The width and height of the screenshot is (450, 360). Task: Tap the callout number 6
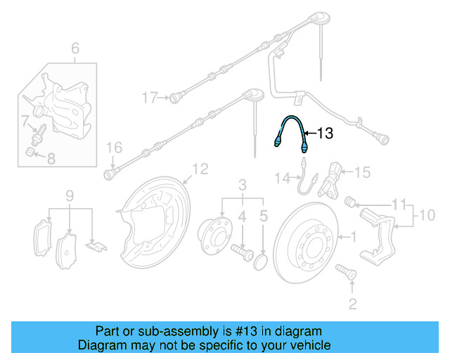pyautogui.click(x=75, y=49)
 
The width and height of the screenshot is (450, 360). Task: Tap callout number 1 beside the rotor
pyautogui.click(x=354, y=237)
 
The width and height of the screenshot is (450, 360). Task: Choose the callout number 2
pyautogui.click(x=352, y=304)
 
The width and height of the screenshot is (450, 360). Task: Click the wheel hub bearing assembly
pyautogui.click(x=215, y=231)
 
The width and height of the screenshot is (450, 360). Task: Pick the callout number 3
pyautogui.click(x=242, y=186)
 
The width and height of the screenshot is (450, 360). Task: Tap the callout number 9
pyautogui.click(x=69, y=195)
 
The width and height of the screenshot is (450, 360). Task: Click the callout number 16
pyautogui.click(x=114, y=147)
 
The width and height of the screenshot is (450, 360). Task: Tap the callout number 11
pyautogui.click(x=399, y=205)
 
